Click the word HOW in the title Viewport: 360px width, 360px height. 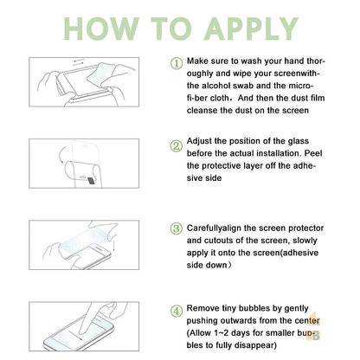point(101,29)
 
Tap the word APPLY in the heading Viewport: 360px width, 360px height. point(251,29)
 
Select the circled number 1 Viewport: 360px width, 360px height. point(177,63)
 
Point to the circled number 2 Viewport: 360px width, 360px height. point(177,146)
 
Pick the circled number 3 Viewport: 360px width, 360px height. point(177,228)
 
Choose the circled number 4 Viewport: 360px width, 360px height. point(177,312)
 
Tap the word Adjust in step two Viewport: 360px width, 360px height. point(200,141)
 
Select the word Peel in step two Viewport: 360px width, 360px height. point(313,153)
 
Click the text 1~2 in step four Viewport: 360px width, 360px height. point(222,333)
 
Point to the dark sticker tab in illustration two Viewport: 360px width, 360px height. point(92,181)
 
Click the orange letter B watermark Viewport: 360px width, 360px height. point(316,336)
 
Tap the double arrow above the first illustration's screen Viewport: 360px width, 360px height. point(79,61)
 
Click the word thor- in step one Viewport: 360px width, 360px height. point(316,61)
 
